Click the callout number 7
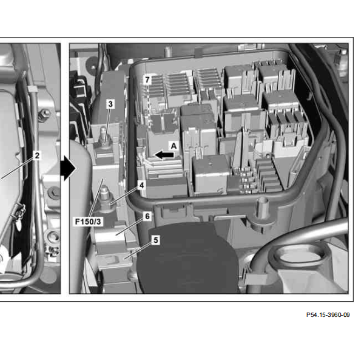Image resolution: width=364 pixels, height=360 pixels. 147,80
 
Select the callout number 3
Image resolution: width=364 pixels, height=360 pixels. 110,104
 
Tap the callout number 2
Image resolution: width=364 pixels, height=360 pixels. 37,155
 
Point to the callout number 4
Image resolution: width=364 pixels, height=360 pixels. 141,185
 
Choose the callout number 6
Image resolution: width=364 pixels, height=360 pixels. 147,216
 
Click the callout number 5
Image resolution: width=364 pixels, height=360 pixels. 155,240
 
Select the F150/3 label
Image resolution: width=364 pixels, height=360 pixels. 88,222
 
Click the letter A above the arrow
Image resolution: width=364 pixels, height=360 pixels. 174,146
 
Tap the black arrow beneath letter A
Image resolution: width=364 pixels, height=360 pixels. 164,155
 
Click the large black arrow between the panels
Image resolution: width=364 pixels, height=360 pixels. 68,168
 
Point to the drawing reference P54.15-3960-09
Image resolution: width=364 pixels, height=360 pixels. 328,315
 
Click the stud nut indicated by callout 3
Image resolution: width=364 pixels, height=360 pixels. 104,140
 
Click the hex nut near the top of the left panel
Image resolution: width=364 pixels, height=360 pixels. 44,115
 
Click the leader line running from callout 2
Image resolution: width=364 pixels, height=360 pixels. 17,169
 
